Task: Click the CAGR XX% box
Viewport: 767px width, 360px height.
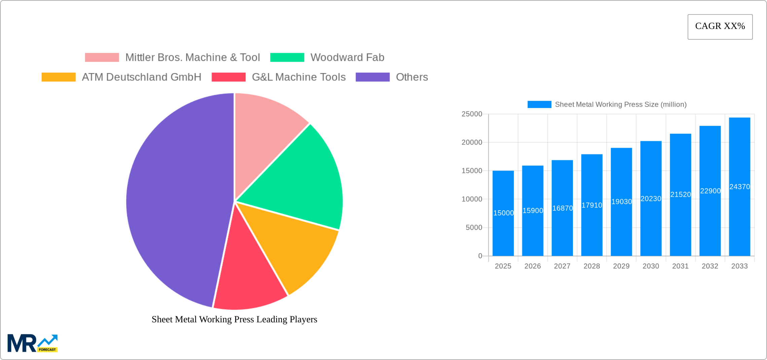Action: [x=720, y=27]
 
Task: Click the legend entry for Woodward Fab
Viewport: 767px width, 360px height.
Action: [x=347, y=58]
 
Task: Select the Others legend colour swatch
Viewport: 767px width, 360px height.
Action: [x=372, y=77]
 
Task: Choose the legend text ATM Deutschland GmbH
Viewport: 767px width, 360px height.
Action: [x=141, y=77]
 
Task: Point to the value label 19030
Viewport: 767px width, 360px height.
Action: [x=621, y=202]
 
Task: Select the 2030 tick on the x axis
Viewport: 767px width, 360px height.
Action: [x=651, y=266]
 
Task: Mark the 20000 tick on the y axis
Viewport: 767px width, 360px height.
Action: [x=472, y=142]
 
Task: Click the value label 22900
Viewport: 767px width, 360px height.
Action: [x=710, y=191]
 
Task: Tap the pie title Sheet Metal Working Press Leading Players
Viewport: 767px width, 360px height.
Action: [x=234, y=319]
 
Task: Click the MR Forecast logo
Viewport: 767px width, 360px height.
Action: [x=33, y=343]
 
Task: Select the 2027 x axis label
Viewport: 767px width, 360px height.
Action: [x=562, y=266]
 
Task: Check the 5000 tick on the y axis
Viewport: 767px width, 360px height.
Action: [x=474, y=228]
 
